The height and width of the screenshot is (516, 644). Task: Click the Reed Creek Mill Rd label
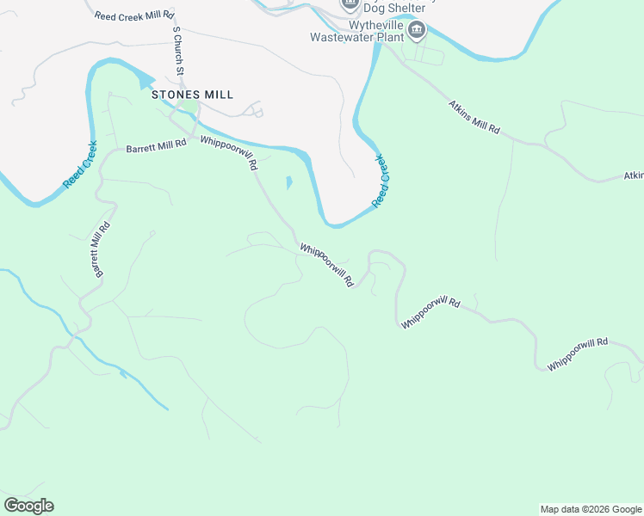[134, 16]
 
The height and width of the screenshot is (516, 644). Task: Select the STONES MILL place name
[192, 95]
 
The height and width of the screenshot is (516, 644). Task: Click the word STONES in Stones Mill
[176, 95]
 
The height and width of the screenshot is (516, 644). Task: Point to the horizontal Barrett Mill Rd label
[156, 148]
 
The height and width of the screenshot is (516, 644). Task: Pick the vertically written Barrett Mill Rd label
[97, 249]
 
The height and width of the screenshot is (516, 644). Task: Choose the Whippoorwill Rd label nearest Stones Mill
[229, 153]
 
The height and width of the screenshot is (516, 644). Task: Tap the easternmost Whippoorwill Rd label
[577, 354]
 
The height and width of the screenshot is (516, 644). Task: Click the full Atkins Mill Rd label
[474, 117]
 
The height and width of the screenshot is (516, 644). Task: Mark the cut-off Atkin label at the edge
[634, 175]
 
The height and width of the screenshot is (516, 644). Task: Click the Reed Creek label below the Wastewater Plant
[381, 181]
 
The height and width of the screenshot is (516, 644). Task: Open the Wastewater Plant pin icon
[417, 31]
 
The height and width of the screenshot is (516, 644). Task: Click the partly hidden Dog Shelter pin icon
[350, 3]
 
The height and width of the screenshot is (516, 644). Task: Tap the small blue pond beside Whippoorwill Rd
[288, 182]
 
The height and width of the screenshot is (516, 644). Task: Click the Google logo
[28, 506]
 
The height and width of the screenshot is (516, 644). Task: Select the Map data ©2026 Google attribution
[591, 509]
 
